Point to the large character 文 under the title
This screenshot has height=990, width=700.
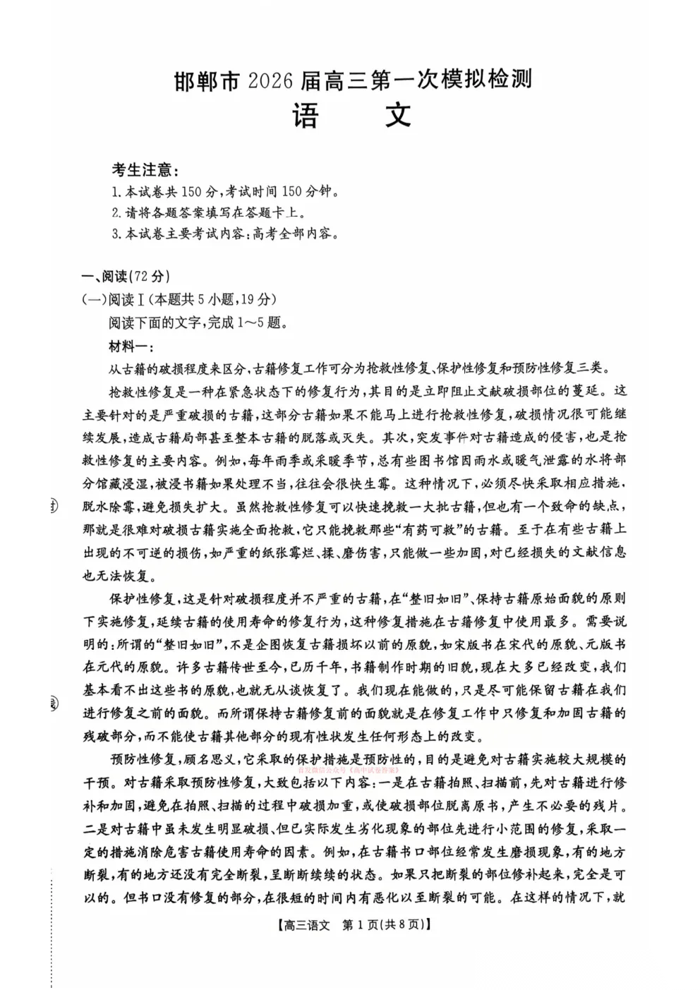398,116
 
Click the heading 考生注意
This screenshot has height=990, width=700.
145,170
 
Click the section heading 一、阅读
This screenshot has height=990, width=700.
105,276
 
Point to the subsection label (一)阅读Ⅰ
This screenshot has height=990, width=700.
109,299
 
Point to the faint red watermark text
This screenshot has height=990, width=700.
349,771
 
